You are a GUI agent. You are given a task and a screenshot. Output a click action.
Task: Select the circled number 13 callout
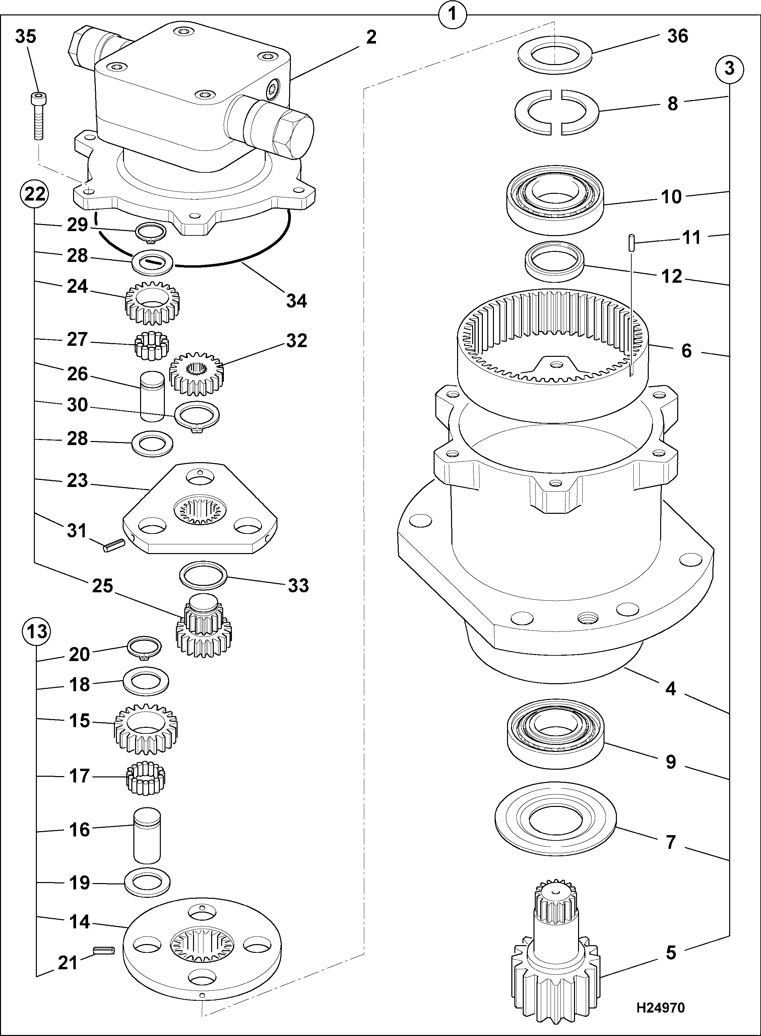click(37, 631)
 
